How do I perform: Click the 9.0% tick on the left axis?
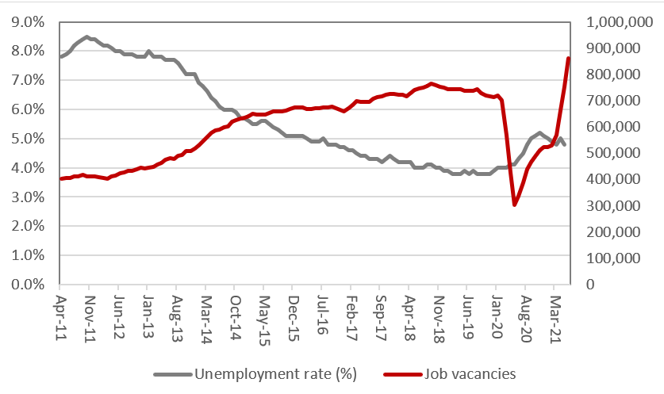28,21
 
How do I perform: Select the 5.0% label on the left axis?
28,139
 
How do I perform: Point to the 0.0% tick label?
28,285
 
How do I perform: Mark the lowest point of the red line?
514,205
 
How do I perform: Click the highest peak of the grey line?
86,36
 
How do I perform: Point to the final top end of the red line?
569,58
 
